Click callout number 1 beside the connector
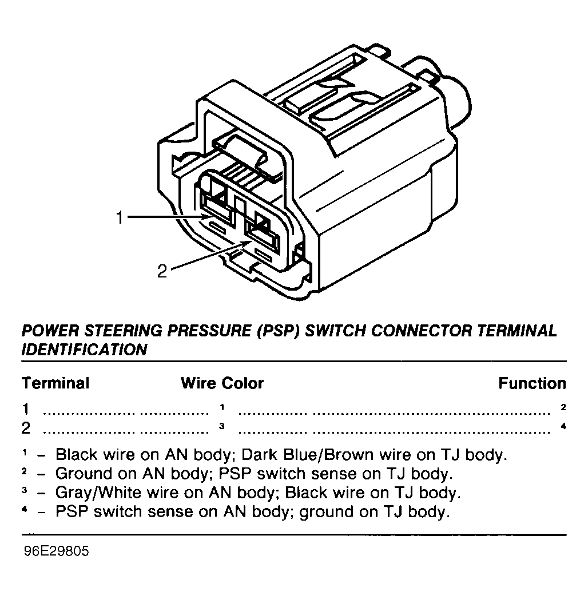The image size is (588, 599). (x=119, y=217)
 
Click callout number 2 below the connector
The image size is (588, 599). (x=162, y=271)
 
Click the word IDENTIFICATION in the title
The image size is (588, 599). (x=84, y=350)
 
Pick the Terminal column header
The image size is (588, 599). (x=55, y=383)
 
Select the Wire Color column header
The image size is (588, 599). (x=222, y=383)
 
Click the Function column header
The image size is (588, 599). (x=532, y=383)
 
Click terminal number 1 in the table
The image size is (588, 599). (x=26, y=409)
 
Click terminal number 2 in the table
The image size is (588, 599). (x=26, y=428)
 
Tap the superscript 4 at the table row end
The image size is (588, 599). (x=563, y=426)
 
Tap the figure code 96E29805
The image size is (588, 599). (x=56, y=553)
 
